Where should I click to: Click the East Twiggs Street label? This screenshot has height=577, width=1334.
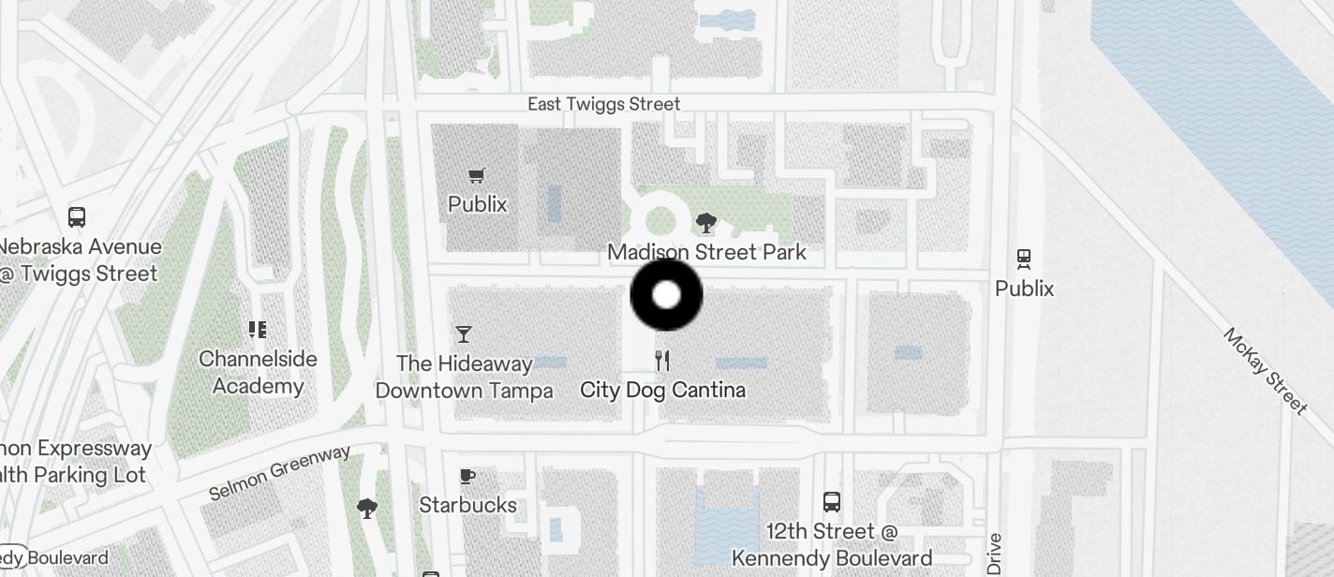point(603,104)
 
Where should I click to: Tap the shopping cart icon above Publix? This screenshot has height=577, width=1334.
point(477,175)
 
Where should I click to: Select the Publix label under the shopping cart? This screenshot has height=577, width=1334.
point(477,204)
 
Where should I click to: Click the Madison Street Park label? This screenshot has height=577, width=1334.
point(706,252)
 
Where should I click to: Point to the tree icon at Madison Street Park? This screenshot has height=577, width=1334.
point(706,223)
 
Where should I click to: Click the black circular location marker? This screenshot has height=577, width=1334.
point(666,295)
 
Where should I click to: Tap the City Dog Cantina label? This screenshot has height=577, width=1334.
point(662,390)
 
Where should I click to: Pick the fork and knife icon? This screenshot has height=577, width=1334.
point(662,361)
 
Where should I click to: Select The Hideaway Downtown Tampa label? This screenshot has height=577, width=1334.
point(464,377)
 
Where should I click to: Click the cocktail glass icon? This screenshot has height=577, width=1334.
point(463,333)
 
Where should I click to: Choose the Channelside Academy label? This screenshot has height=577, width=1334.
point(258,372)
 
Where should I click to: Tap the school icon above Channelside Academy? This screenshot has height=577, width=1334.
point(258,329)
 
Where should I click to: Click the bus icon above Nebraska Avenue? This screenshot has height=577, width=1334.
point(77,217)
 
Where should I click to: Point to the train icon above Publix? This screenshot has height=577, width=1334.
point(1024,259)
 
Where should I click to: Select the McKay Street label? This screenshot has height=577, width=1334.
point(1265,371)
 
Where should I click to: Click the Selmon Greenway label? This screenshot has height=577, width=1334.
point(279,472)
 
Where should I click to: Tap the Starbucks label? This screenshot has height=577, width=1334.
point(467,505)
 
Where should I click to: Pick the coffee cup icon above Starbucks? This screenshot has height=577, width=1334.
point(467,476)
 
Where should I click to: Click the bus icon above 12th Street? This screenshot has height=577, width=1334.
point(831,501)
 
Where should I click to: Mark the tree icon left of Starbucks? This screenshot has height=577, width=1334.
point(367,509)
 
